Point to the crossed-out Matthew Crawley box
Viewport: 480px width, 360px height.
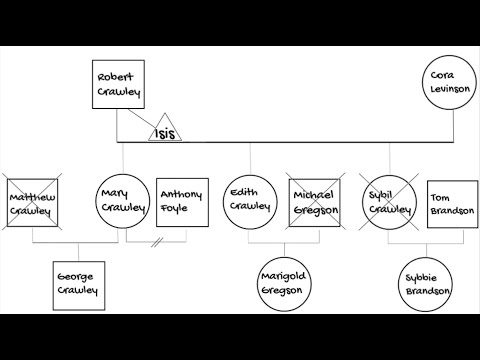(x=32, y=203)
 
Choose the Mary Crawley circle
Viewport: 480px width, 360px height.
(x=123, y=202)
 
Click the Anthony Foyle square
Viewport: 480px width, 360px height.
(x=181, y=202)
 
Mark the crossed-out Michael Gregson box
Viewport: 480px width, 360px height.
(x=314, y=203)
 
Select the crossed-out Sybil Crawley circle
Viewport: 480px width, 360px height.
(x=387, y=203)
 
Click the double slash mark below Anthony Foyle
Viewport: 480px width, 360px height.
(x=157, y=242)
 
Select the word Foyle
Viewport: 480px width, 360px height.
(x=181, y=209)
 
